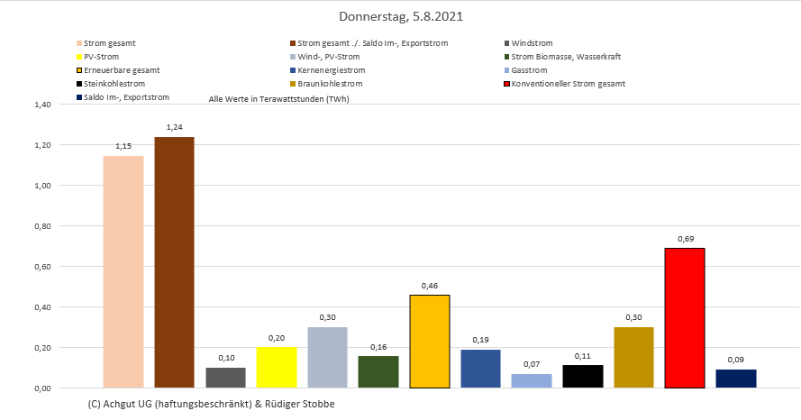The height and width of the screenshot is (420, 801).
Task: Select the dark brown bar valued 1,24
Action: (174, 262)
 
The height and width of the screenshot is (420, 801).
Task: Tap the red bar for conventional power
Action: (685, 318)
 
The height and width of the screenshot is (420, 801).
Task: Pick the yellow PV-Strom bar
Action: (277, 368)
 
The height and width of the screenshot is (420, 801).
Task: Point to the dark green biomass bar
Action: (378, 371)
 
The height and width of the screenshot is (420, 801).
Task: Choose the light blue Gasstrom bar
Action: (532, 380)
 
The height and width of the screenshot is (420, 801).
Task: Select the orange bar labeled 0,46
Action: (430, 342)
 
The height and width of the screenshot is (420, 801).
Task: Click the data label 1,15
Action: (123, 146)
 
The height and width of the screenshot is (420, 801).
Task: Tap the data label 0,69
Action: (685, 238)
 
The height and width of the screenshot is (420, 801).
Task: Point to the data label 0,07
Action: (532, 364)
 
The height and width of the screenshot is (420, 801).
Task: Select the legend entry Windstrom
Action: (532, 43)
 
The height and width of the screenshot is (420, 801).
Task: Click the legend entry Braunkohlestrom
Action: (329, 84)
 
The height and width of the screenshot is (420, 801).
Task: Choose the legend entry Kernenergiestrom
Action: (331, 70)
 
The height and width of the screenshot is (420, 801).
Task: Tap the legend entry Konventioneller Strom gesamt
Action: (568, 84)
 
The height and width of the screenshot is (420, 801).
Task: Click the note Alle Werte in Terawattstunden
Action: (278, 99)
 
